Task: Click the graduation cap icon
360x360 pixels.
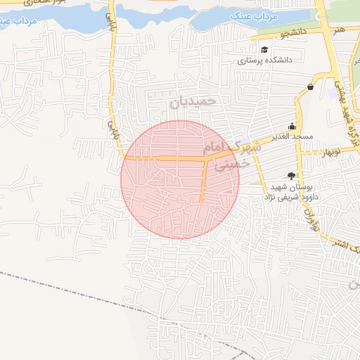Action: pos(264,49)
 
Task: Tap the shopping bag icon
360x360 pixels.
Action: pos(310,86)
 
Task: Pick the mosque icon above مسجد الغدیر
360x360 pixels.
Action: pos(292,126)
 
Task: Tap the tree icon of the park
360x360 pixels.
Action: pos(291,176)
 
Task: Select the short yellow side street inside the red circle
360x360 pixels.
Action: pos(202,181)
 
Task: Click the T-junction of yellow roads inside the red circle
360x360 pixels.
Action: pos(205,159)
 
